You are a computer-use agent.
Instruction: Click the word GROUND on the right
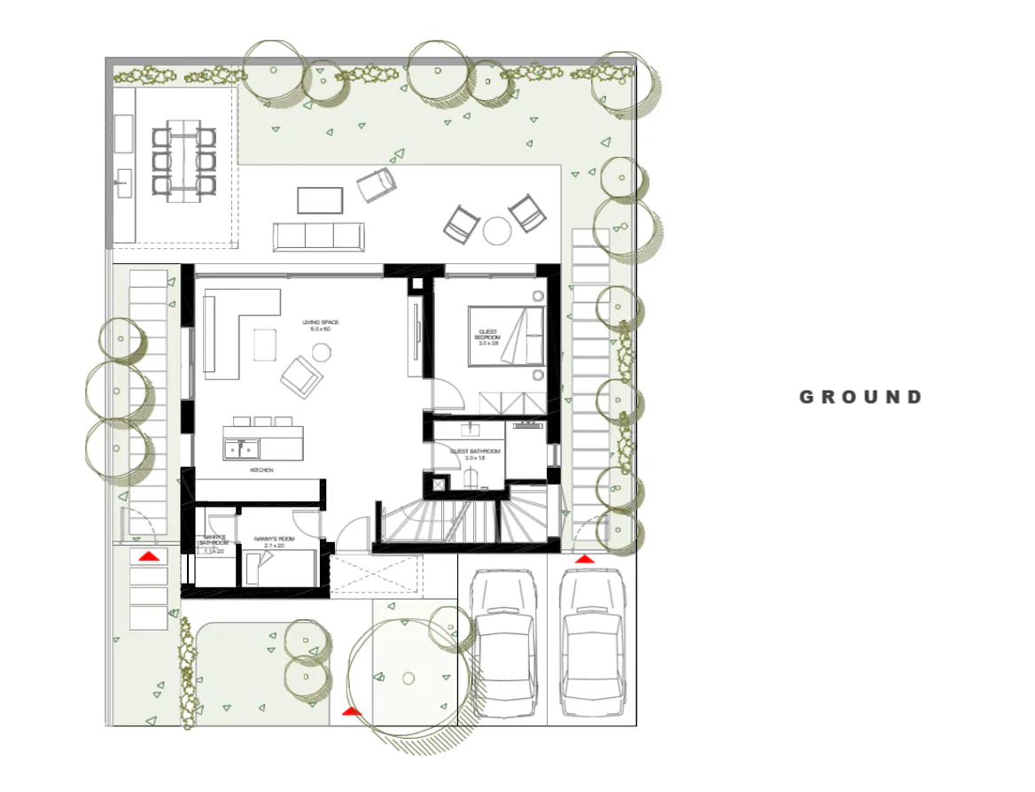point(860,397)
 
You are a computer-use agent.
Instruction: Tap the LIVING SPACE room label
point(320,325)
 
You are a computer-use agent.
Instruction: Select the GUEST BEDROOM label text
point(487,335)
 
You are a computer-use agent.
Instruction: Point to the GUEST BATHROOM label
point(476,454)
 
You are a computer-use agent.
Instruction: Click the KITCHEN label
point(261,470)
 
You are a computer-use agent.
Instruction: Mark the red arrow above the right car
point(584,560)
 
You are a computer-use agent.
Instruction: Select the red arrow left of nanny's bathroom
point(148,556)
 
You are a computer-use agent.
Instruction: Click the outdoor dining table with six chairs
point(183,160)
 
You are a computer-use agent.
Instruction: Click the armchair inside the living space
point(301,375)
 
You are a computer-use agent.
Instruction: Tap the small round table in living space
point(321,353)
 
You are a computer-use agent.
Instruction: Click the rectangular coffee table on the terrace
point(319,200)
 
